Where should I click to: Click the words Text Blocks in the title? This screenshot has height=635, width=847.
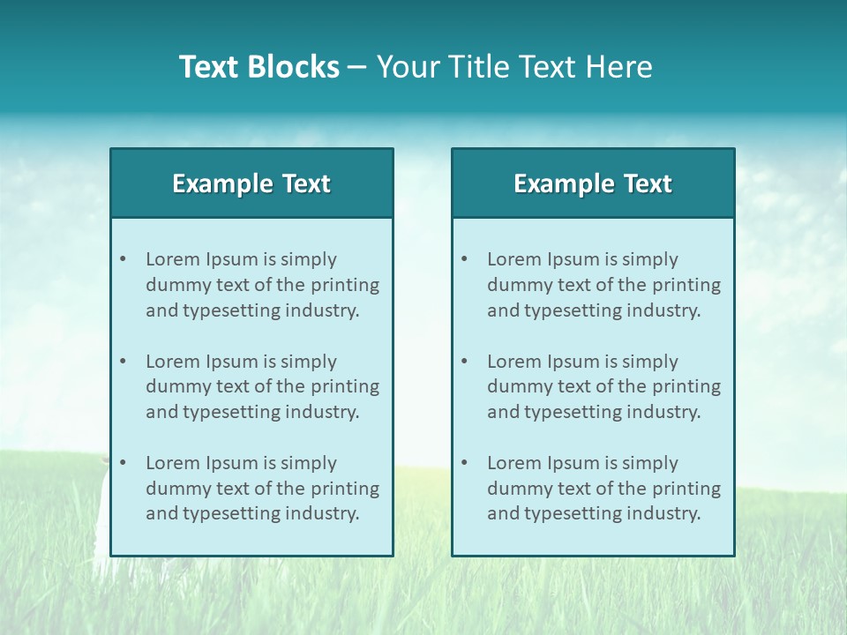pyautogui.click(x=259, y=67)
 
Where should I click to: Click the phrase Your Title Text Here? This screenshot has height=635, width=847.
pyautogui.click(x=514, y=67)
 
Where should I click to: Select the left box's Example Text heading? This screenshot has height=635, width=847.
pyautogui.click(x=251, y=183)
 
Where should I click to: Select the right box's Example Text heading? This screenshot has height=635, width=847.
pyautogui.click(x=593, y=183)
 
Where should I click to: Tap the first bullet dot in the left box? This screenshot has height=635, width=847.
pyautogui.click(x=123, y=259)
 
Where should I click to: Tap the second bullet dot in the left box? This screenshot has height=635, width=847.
pyautogui.click(x=123, y=362)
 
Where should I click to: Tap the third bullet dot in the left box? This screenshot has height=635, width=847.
pyautogui.click(x=123, y=463)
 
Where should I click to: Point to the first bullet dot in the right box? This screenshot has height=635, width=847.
pyautogui.click(x=464, y=259)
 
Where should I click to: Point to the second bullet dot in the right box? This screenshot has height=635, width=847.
pyautogui.click(x=464, y=362)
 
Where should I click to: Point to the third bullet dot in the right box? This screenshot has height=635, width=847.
pyautogui.click(x=464, y=463)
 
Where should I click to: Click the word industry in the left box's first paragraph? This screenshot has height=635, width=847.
pyautogui.click(x=323, y=310)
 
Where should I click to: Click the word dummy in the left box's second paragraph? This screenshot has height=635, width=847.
pyautogui.click(x=175, y=386)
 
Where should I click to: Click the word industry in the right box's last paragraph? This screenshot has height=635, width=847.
pyautogui.click(x=664, y=513)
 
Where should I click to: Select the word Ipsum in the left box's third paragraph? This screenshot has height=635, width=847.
pyautogui.click(x=232, y=463)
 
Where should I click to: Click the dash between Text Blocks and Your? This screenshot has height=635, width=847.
pyautogui.click(x=357, y=67)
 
